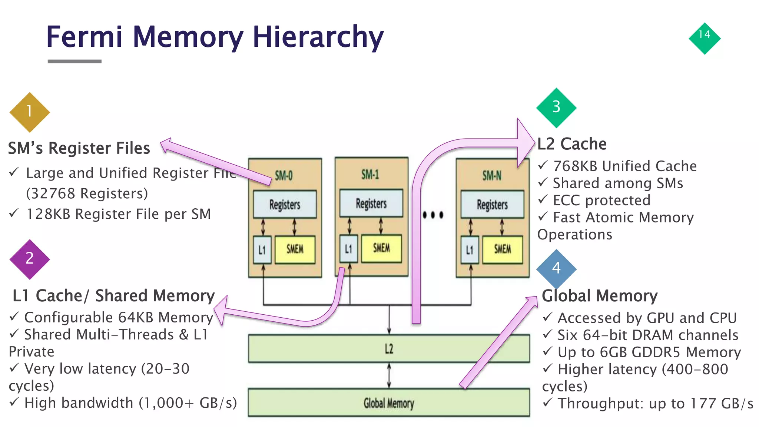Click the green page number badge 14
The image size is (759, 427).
(704, 38)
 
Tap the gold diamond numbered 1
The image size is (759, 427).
(30, 112)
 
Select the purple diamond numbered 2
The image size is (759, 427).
(30, 259)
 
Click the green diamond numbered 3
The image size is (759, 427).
(556, 107)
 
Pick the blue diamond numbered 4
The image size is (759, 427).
(556, 268)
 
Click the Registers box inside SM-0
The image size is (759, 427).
(285, 204)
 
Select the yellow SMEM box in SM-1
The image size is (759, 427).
(381, 248)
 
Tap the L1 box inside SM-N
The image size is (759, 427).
(470, 250)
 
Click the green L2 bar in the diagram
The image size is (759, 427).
(388, 348)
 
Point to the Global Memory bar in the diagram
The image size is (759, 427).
(388, 403)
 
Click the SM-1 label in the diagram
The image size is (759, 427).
(370, 174)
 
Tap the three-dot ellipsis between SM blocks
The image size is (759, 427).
(432, 215)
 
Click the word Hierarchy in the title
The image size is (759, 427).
(318, 37)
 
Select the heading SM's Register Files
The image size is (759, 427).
(79, 148)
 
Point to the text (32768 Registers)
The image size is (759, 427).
(87, 193)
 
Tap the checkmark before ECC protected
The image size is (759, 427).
(543, 199)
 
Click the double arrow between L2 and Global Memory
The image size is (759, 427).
(389, 375)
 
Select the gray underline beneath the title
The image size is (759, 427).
(74, 61)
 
